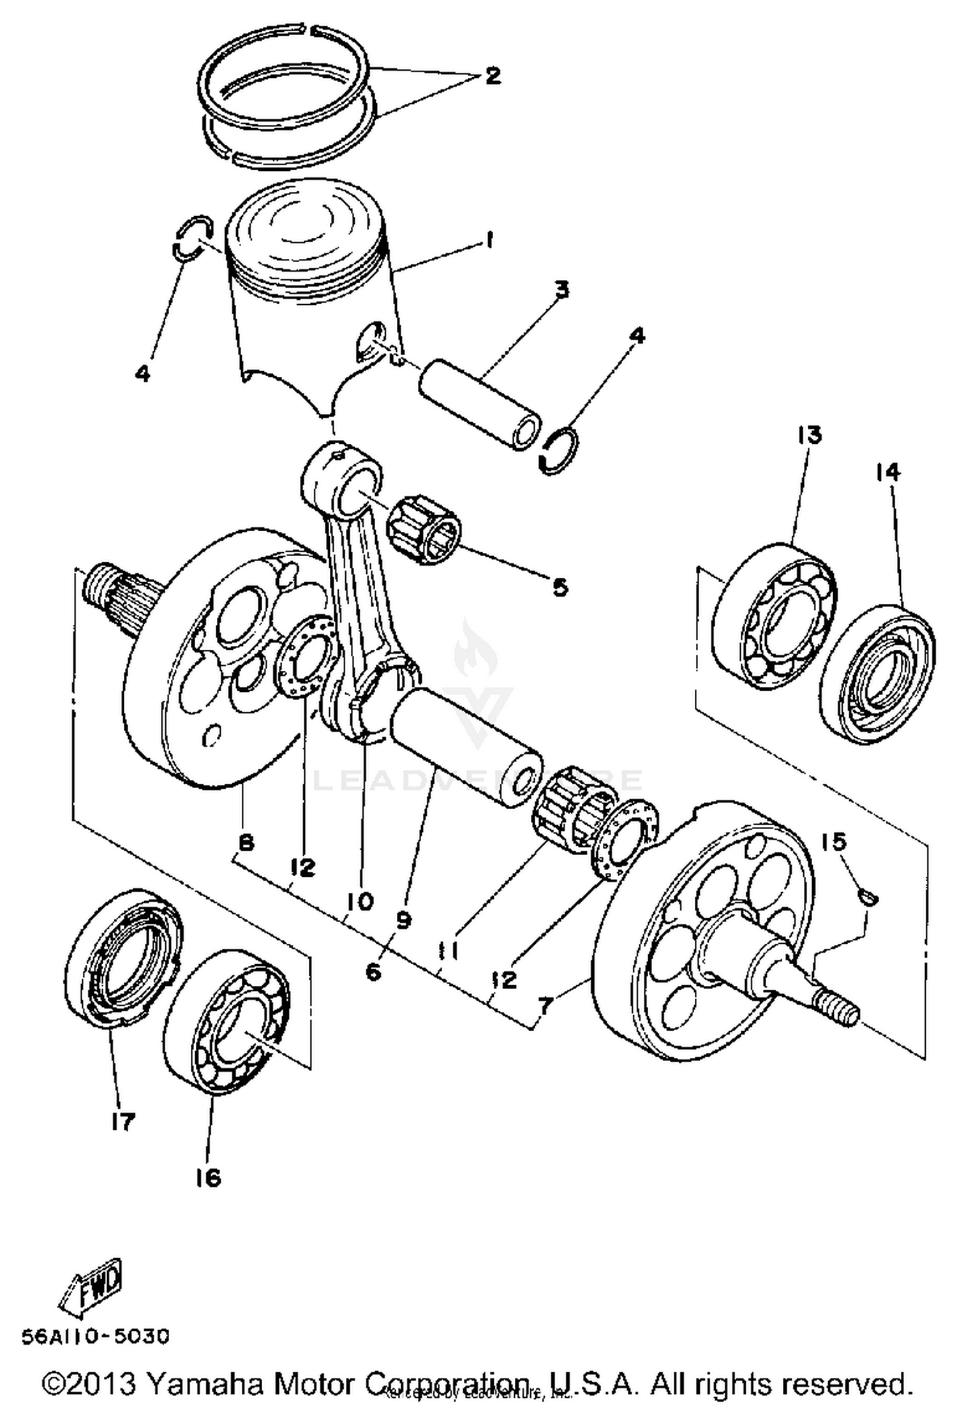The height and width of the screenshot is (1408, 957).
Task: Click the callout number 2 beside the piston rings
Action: click(492, 77)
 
